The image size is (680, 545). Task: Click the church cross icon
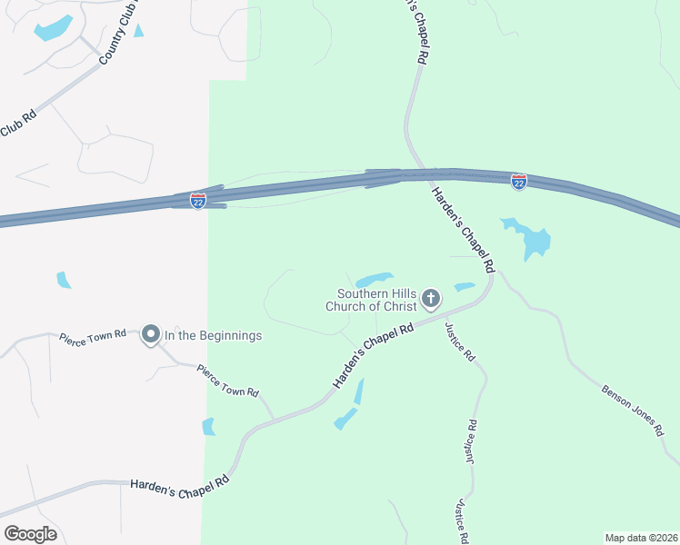point(431,297)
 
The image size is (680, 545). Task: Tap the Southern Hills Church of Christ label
point(376,300)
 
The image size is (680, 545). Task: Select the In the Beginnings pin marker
point(151,335)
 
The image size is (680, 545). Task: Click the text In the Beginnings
point(213,336)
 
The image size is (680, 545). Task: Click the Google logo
point(30,533)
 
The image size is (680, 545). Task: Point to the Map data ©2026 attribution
point(640,537)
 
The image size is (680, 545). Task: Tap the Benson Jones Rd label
point(634,412)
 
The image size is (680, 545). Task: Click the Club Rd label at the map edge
point(17,124)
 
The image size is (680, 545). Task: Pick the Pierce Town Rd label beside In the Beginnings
point(92,337)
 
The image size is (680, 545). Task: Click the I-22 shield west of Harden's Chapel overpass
point(198,200)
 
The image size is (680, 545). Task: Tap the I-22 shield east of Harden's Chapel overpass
point(518,183)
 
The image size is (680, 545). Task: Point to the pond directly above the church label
point(374,279)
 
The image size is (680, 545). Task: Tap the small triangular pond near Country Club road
point(138,31)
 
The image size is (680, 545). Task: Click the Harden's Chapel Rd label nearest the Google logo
point(178,487)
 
